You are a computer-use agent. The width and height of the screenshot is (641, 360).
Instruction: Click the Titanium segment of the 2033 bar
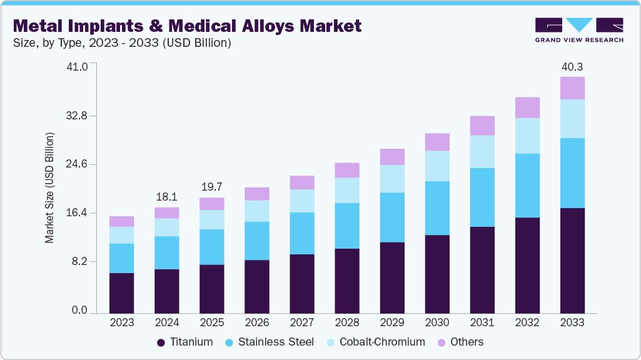tap(572, 260)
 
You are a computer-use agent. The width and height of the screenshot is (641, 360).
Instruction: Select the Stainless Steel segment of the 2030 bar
tap(437, 208)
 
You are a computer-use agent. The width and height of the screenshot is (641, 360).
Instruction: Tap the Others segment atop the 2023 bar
tap(121, 221)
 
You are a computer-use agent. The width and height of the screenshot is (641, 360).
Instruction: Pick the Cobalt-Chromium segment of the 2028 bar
tap(347, 190)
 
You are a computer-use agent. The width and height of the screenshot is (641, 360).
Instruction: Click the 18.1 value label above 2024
tap(166, 196)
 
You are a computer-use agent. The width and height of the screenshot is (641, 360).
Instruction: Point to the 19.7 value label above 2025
tap(211, 187)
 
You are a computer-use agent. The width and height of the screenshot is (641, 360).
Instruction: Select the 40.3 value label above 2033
tap(572, 66)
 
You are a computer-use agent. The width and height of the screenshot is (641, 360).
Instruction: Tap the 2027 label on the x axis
tap(302, 322)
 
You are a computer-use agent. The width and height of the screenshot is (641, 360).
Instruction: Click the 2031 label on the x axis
tap(482, 322)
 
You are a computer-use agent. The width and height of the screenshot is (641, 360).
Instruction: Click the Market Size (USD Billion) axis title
tap(49, 188)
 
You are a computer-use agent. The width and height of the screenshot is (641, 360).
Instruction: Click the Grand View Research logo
tap(578, 30)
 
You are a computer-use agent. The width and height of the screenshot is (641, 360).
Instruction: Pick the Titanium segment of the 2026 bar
tap(257, 286)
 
